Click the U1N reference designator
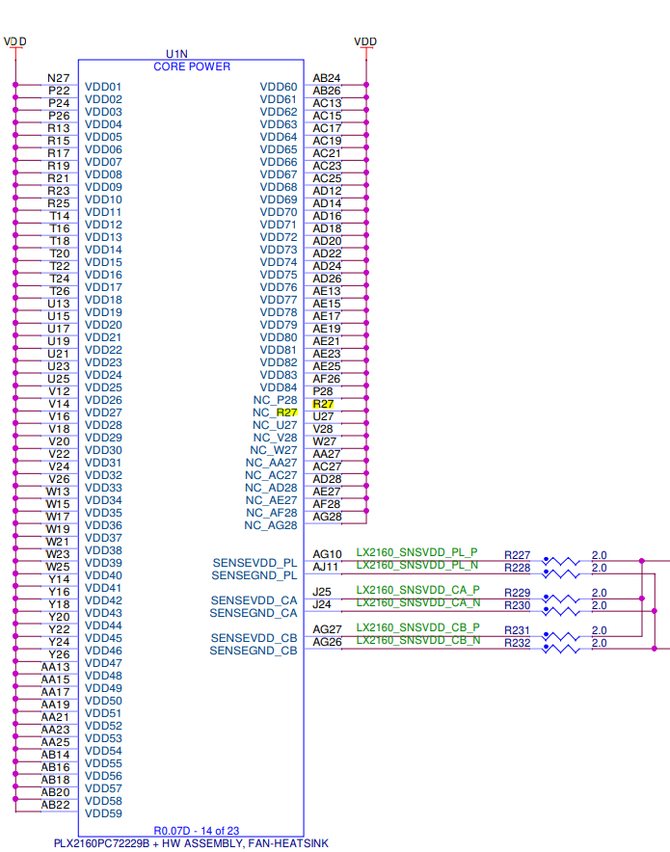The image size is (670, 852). click(x=176, y=54)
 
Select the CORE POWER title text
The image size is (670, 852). click(x=192, y=67)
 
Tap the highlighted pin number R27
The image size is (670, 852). click(x=323, y=404)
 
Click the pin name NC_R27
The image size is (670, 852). click(x=275, y=413)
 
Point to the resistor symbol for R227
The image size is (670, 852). click(x=561, y=561)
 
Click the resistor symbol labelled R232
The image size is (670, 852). click(x=561, y=649)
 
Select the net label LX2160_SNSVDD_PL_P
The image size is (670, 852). click(x=416, y=552)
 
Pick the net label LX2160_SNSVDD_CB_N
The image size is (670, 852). click(x=417, y=640)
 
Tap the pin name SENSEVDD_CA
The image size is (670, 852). click(x=254, y=600)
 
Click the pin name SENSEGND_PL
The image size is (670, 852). click(x=254, y=575)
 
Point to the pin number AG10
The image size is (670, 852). click(x=327, y=554)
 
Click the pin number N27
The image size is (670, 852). click(x=59, y=78)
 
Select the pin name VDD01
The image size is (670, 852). click(x=103, y=87)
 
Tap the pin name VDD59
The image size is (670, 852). click(x=103, y=813)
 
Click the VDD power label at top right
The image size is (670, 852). click(x=365, y=41)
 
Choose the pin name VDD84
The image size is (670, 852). click(x=279, y=387)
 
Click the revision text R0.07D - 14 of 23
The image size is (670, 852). click(x=196, y=831)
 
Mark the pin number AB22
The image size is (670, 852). click(x=55, y=805)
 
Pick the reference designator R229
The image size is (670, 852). click(x=518, y=593)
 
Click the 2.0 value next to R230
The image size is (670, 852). click(x=600, y=605)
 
